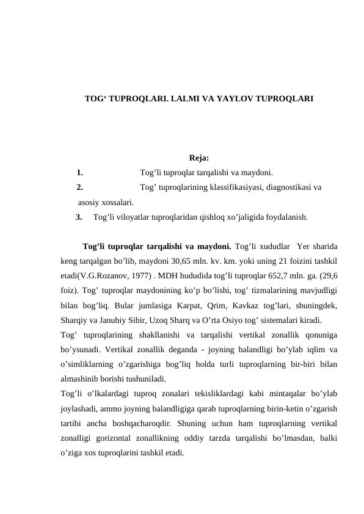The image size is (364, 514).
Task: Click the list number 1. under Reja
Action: (80, 172)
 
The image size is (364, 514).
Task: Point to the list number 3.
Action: (79, 216)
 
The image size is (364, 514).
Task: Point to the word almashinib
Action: (82, 378)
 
